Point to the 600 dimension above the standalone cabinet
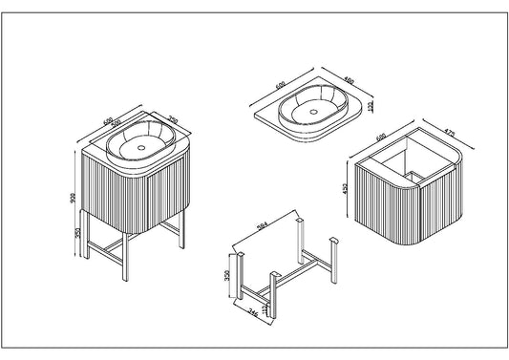pyautogui.click(x=382, y=138)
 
